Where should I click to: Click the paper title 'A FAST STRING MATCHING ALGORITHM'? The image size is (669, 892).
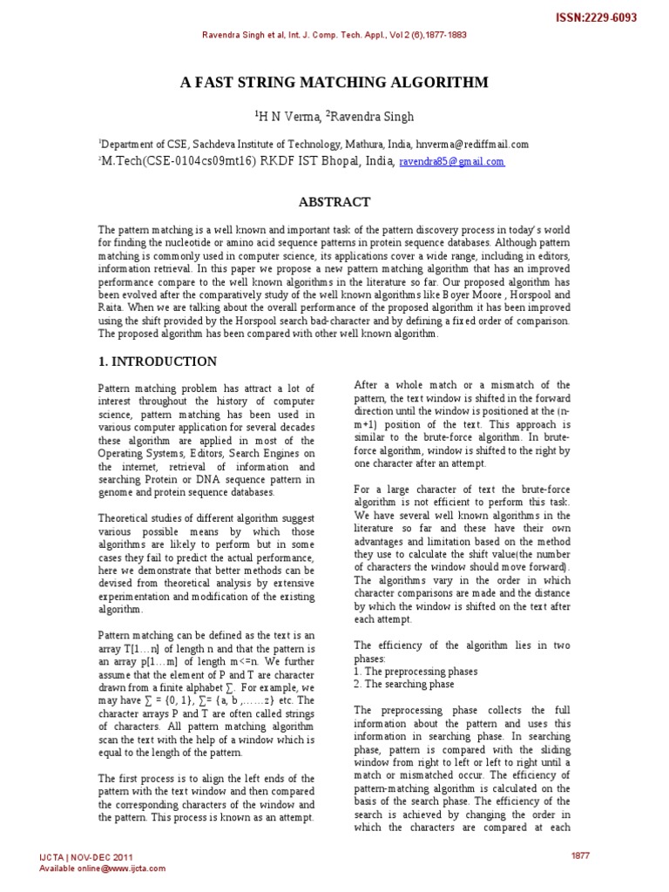pyautogui.click(x=334, y=83)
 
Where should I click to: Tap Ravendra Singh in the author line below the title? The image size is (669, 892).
pyautogui.click(x=373, y=116)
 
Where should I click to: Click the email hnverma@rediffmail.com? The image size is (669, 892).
pyautogui.click(x=472, y=145)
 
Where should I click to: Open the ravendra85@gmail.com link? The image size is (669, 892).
pyautogui.click(x=451, y=162)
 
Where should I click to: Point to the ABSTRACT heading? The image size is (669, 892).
pyautogui.click(x=334, y=201)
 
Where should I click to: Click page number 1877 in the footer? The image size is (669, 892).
pyautogui.click(x=580, y=855)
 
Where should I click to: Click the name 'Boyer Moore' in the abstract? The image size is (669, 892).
pyautogui.click(x=477, y=295)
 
